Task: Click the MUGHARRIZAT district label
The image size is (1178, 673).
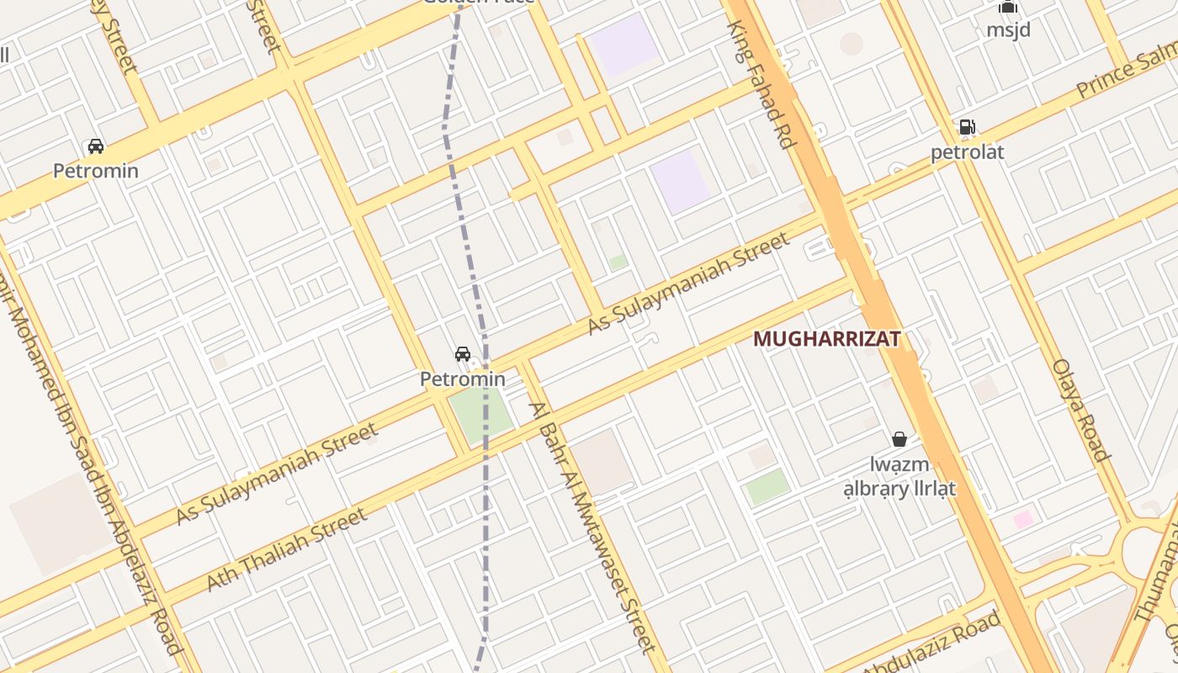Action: [826, 339]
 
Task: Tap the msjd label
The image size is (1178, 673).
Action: [1008, 29]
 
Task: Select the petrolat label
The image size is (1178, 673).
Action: [967, 153]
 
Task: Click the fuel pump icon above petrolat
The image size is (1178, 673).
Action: [967, 128]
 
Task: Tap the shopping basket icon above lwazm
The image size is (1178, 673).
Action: [899, 439]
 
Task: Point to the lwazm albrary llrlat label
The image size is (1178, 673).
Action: [899, 476]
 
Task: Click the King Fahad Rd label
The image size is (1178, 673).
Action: [762, 84]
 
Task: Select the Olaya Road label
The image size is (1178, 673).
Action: [1080, 410]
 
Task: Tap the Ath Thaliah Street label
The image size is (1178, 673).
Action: [286, 548]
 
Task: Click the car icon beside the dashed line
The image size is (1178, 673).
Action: [463, 354]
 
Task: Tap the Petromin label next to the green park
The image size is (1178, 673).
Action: [463, 379]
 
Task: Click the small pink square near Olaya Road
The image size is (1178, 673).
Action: [1023, 520]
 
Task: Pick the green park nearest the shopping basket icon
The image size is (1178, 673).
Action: [767, 487]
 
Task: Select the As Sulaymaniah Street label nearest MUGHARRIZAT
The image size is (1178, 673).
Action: [688, 283]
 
